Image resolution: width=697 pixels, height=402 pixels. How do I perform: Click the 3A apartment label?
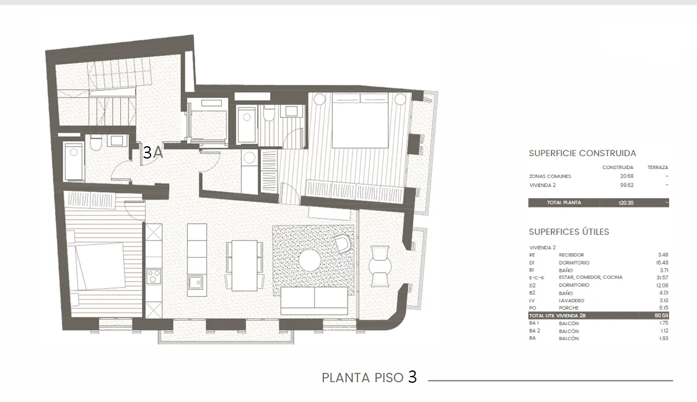[x=152, y=153]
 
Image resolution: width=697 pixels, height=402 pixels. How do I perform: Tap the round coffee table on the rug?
[x=309, y=260]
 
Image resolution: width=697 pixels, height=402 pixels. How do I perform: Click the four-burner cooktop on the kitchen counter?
[x=153, y=276]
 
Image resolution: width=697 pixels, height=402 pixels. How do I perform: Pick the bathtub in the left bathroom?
[x=74, y=161]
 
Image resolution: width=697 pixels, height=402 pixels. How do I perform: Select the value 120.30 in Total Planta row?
[x=626, y=203]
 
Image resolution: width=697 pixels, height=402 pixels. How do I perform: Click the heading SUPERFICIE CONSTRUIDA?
[x=582, y=153]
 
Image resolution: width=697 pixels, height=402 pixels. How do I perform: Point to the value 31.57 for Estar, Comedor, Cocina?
[x=661, y=277]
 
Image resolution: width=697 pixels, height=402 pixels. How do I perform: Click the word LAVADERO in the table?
[x=571, y=300]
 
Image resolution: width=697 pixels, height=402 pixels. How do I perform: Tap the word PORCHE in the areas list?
[x=569, y=308]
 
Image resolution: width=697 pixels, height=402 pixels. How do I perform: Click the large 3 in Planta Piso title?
[x=412, y=377]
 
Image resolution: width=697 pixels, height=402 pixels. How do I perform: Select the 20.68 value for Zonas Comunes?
[x=626, y=177]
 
